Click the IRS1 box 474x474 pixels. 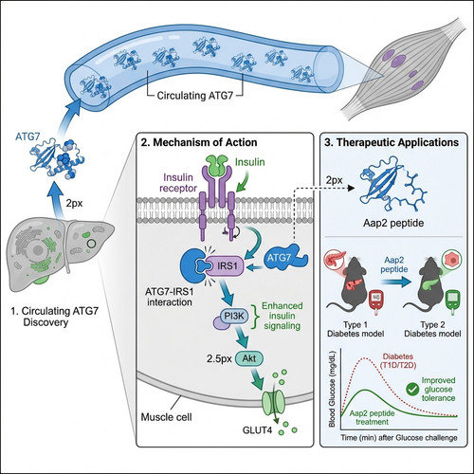point(226,266)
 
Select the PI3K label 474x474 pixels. point(234,316)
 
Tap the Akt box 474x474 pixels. point(249,358)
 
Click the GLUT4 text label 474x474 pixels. point(257,430)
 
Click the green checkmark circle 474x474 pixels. point(412,390)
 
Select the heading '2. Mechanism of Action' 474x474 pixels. point(199,142)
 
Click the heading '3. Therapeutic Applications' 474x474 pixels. point(392,142)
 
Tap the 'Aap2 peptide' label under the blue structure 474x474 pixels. point(393,223)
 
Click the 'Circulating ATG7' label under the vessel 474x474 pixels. point(194,96)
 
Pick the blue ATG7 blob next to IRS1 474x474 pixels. point(285,257)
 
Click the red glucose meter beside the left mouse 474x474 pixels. point(376,301)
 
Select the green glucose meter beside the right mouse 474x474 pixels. point(453,302)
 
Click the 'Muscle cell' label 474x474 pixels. point(166,417)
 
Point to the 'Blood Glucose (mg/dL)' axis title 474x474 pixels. point(332,389)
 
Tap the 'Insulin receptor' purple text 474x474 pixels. point(178,183)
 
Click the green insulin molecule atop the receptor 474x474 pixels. point(217,165)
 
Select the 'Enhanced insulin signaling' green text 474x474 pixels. point(283,316)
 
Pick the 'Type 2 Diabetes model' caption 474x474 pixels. point(432,329)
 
